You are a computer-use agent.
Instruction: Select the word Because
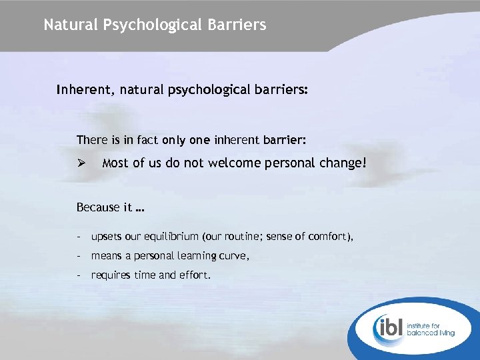(99, 207)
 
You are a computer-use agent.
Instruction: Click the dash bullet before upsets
(79, 237)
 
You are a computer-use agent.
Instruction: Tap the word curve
(234, 256)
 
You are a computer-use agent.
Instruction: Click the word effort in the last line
(194, 274)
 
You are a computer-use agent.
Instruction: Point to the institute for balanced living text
(434, 327)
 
